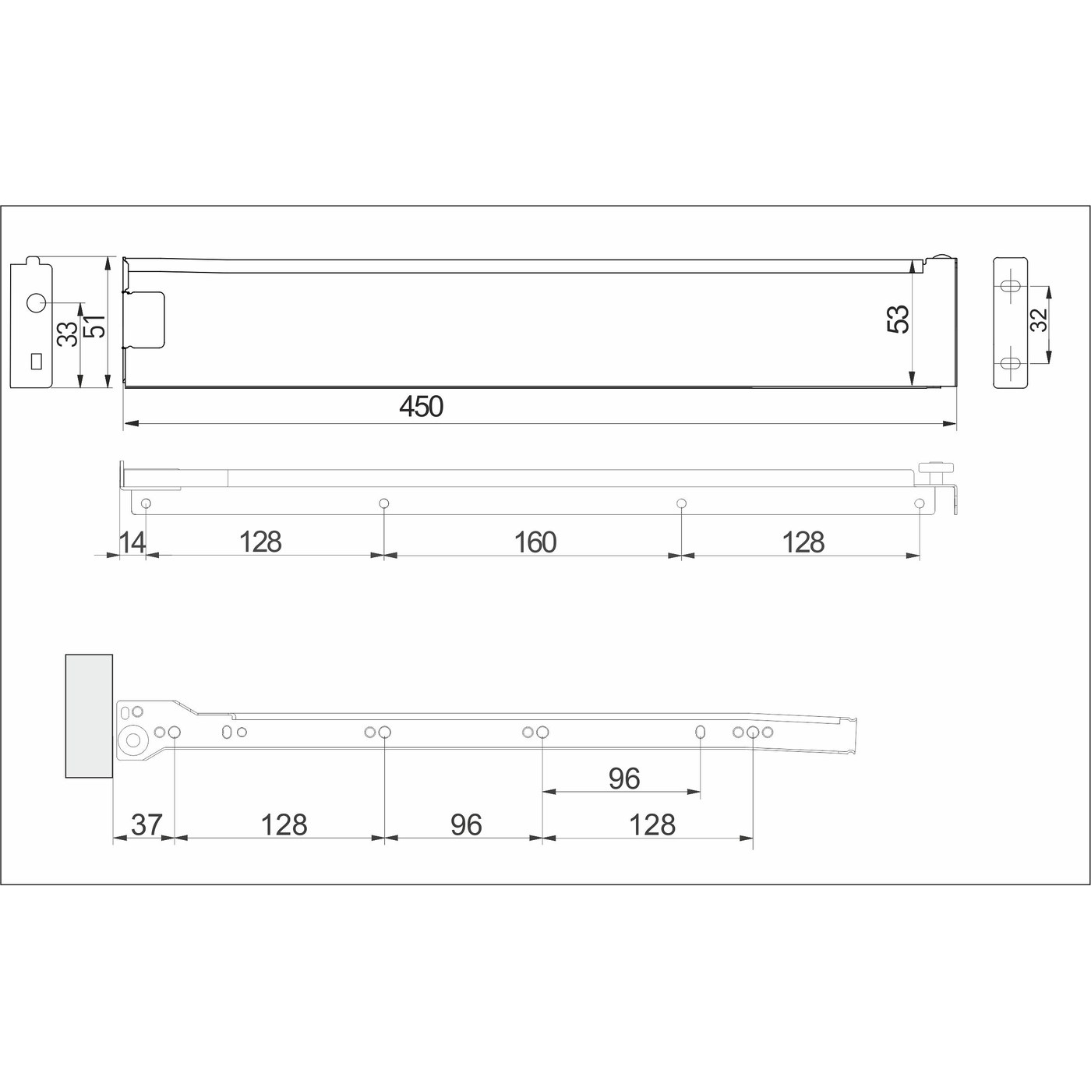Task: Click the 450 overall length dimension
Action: (x=421, y=407)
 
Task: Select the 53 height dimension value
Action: (x=899, y=319)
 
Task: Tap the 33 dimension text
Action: (x=69, y=334)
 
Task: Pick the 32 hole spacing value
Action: (x=1039, y=320)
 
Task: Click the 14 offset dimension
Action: (x=132, y=542)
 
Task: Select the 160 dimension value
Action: (x=535, y=542)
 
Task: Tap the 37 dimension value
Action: (x=146, y=824)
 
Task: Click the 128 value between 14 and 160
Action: (x=260, y=542)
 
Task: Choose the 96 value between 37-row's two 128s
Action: (x=465, y=824)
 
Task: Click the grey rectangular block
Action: (x=89, y=715)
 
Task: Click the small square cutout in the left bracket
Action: (x=35, y=361)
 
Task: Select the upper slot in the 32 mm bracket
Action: (x=1011, y=287)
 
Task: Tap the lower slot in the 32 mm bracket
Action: (x=1011, y=363)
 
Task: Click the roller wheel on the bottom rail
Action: (x=133, y=741)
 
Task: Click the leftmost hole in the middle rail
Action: (x=146, y=503)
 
